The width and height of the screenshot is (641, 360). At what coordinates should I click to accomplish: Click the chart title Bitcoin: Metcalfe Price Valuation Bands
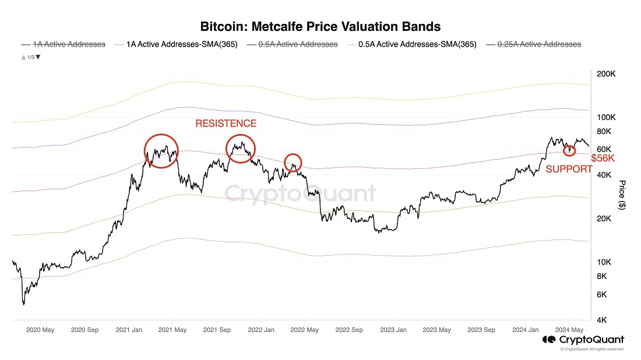coord(320,26)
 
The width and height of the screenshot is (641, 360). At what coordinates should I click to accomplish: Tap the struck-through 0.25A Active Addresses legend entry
coord(539,44)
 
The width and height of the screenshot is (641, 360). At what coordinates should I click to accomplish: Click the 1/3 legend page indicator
coord(30,57)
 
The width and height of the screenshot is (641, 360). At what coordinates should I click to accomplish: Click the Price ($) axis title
coord(623,195)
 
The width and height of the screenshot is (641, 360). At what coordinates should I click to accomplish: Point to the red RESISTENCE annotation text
coord(226,123)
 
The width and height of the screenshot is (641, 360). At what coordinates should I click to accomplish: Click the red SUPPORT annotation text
coord(569,170)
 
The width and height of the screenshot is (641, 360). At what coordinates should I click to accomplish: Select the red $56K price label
coord(603,158)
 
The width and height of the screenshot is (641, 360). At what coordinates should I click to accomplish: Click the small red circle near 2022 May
coord(293,162)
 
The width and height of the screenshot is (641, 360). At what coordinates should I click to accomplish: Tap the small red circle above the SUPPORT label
coord(569,151)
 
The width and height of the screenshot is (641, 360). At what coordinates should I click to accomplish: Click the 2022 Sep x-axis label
coord(348,330)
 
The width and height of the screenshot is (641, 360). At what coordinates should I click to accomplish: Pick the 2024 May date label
coord(569,330)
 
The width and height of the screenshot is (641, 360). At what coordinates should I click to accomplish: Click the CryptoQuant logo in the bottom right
coord(583,340)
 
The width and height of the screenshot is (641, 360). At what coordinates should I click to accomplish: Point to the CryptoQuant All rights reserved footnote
coord(591,350)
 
